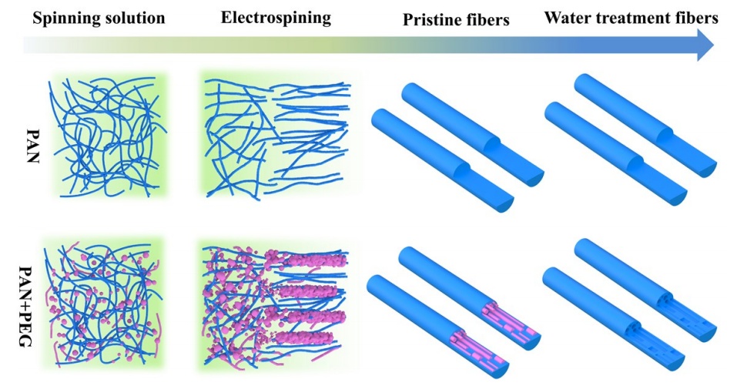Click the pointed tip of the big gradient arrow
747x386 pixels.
tap(714, 45)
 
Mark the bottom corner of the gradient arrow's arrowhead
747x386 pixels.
tap(697, 62)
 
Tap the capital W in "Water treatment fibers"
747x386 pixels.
tap(553, 18)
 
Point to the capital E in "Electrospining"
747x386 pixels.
tap(226, 18)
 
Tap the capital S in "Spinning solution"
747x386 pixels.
tap(37, 18)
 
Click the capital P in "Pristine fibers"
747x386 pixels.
tap(408, 19)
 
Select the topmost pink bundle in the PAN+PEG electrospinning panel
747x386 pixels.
tap(314, 260)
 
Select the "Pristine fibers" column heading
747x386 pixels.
tap(456, 19)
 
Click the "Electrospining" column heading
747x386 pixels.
tap(276, 18)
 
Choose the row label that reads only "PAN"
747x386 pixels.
tap(32, 146)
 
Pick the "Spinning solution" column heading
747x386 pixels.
tap(99, 18)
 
